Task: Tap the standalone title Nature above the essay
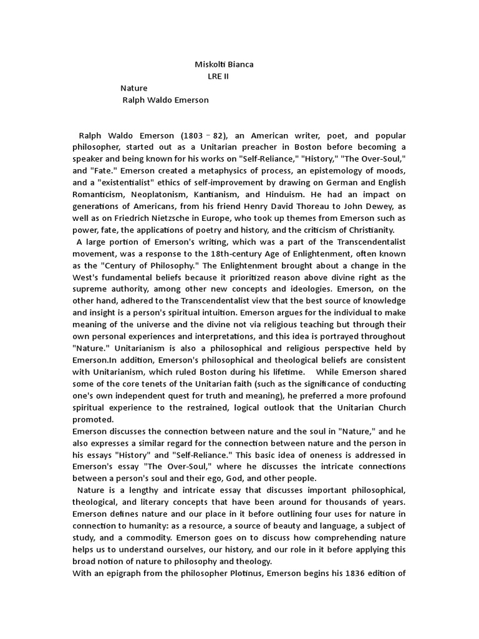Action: (x=134, y=88)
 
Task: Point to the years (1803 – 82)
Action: (x=203, y=135)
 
